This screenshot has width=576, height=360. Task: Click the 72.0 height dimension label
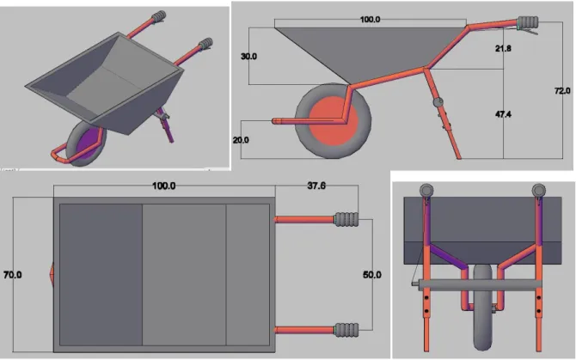click(562, 90)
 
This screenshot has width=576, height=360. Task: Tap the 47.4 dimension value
click(503, 114)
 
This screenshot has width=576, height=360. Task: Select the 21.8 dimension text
click(503, 48)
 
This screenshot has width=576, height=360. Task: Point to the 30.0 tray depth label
click(248, 56)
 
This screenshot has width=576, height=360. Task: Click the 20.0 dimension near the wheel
click(241, 140)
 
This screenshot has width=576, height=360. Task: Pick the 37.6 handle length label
click(316, 186)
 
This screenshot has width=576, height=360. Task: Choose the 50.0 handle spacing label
click(371, 274)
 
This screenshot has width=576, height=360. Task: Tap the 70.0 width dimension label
click(13, 274)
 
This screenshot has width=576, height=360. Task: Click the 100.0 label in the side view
click(370, 19)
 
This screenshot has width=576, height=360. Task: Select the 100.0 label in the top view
click(164, 186)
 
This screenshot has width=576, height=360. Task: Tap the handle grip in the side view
click(528, 22)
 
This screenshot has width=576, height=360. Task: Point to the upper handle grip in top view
click(346, 219)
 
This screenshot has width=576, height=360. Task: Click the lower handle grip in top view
click(346, 330)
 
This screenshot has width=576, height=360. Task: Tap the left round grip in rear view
click(426, 191)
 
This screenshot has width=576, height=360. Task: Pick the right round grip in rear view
click(538, 191)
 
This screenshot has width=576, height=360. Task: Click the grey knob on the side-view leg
click(438, 102)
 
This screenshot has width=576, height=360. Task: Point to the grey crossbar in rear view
click(477, 284)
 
